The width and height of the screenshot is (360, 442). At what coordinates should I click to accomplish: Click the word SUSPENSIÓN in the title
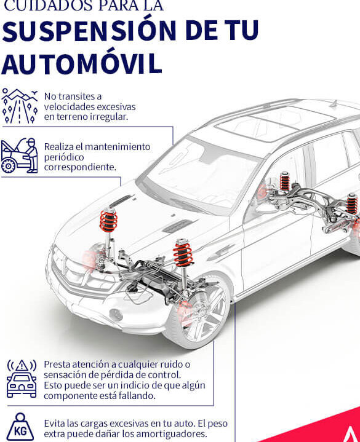coord(89,31)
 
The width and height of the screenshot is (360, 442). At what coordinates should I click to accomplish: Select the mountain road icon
coord(20,106)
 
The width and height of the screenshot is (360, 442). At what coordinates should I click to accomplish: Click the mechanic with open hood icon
coord(20,156)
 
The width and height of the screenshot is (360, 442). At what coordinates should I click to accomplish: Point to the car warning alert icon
coord(22,378)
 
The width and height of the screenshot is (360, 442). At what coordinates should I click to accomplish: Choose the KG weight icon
coord(20,427)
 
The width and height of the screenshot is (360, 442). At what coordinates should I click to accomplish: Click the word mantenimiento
coord(118,147)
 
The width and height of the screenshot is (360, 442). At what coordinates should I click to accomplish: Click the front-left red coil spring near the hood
coord(108,221)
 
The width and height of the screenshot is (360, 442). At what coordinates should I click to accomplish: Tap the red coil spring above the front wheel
coord(183,253)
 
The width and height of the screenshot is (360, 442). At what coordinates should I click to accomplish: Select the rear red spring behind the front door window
coord(284,182)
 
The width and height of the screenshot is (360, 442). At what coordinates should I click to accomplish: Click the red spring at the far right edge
coord(352,203)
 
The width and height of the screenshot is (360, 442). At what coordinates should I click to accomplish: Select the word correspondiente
coord(80,167)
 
